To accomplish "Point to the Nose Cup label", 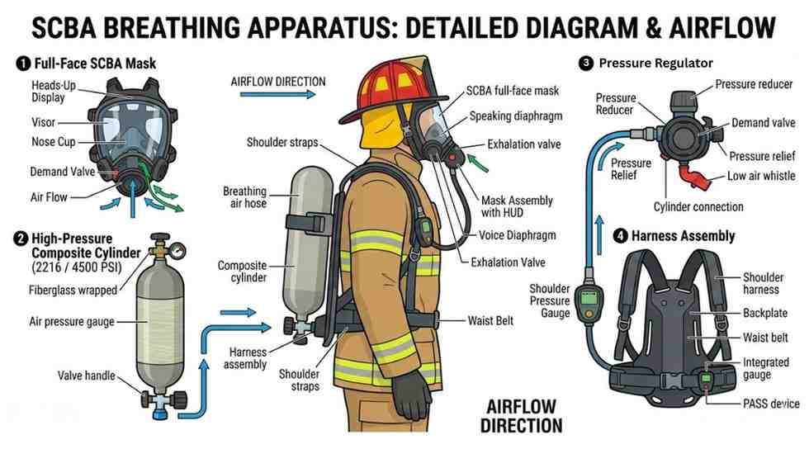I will (54, 142).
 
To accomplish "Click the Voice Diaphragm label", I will (518, 235).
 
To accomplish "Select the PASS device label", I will (770, 404).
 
